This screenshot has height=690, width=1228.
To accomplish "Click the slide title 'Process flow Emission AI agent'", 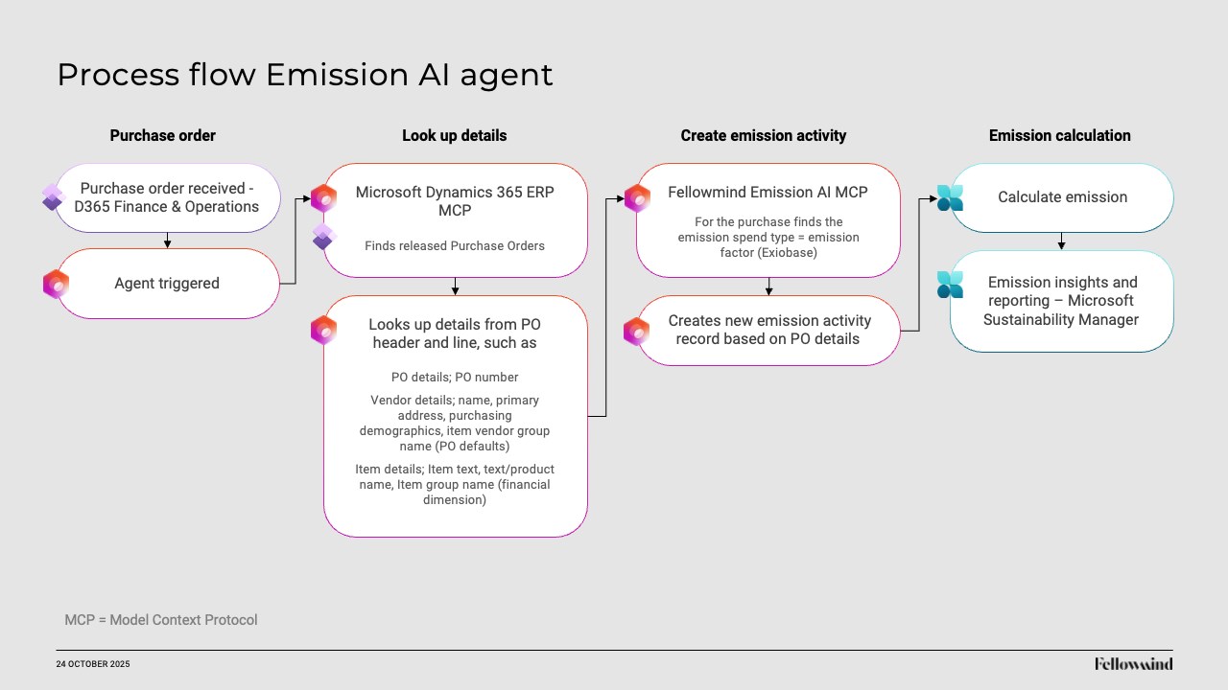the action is tap(305, 75).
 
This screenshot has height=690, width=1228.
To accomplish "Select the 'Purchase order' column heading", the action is tap(163, 136).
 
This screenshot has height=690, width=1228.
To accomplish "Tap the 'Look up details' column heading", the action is tap(455, 136).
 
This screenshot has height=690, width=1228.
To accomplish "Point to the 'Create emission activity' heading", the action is tap(763, 136).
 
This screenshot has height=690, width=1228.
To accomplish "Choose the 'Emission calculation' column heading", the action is tap(1060, 136).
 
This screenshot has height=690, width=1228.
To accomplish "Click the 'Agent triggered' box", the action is tap(167, 284).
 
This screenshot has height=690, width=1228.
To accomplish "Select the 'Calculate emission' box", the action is tap(1062, 197).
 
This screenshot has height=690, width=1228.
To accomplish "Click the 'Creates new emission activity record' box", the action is tap(768, 331).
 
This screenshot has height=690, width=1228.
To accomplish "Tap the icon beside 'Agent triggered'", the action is tap(56, 284).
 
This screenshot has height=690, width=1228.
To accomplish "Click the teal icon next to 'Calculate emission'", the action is tap(950, 197).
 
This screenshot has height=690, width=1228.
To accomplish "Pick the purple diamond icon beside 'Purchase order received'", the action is tap(53, 197).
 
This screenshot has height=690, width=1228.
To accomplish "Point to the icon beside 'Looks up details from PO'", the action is tap(323, 330).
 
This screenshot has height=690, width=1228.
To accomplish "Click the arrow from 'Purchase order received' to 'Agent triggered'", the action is tap(167, 241).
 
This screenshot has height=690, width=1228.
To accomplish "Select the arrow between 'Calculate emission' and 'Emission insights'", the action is tap(1061, 241).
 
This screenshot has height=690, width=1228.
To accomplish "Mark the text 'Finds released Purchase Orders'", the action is tap(455, 246).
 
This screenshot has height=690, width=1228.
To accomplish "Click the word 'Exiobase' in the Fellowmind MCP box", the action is tap(789, 252).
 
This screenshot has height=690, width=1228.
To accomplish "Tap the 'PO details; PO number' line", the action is tap(455, 378).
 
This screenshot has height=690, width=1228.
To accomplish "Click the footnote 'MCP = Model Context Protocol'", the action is tap(161, 620).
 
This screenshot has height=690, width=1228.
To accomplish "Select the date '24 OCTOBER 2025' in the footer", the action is tap(93, 664).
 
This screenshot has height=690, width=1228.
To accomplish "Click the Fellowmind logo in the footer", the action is tap(1134, 664).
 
